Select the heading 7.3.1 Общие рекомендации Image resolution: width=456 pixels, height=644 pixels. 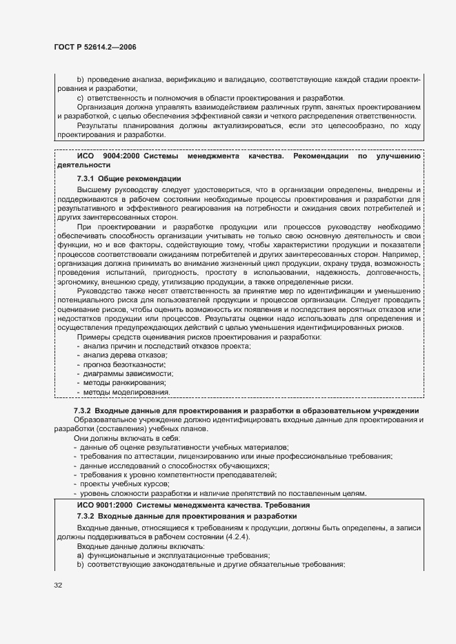129,178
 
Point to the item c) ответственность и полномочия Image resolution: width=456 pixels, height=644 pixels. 210,97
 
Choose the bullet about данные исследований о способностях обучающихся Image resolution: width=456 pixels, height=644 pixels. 168,466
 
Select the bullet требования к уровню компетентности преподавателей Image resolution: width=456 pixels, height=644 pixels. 178,475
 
